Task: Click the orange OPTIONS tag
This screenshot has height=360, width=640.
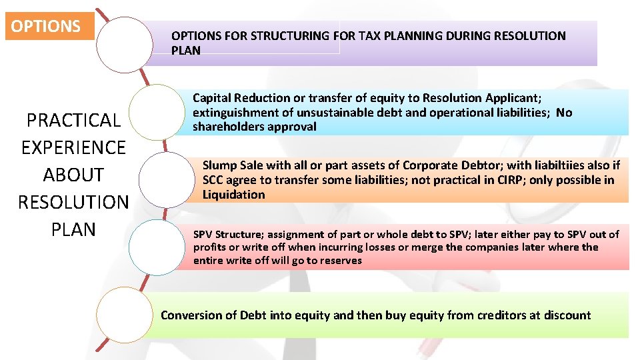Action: (x=46, y=27)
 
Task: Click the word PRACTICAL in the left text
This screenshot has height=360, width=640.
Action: (x=73, y=121)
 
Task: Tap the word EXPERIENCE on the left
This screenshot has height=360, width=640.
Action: (x=73, y=147)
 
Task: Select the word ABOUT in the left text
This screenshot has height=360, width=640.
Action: (x=73, y=175)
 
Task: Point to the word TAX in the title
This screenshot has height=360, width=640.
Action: (x=371, y=36)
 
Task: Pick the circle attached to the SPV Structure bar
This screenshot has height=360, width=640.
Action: (x=155, y=247)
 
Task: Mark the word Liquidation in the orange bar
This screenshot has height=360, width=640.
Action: (x=233, y=195)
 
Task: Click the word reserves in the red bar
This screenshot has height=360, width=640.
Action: (x=340, y=260)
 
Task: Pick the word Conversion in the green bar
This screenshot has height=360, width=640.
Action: (x=191, y=315)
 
